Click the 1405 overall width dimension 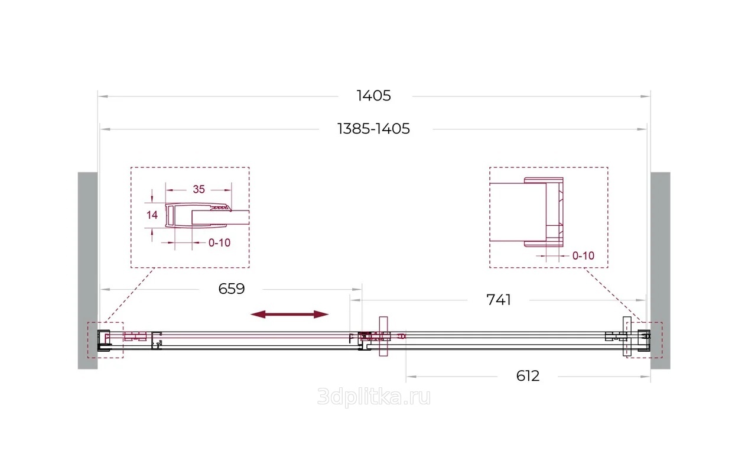(x=373, y=96)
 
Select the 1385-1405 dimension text (x=373, y=129)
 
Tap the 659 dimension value (x=232, y=289)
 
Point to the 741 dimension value (x=499, y=300)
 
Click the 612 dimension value (x=528, y=376)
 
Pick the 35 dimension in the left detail (x=199, y=190)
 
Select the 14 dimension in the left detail (x=152, y=215)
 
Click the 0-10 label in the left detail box (x=219, y=242)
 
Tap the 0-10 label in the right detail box (x=583, y=256)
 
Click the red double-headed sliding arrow (x=290, y=314)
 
